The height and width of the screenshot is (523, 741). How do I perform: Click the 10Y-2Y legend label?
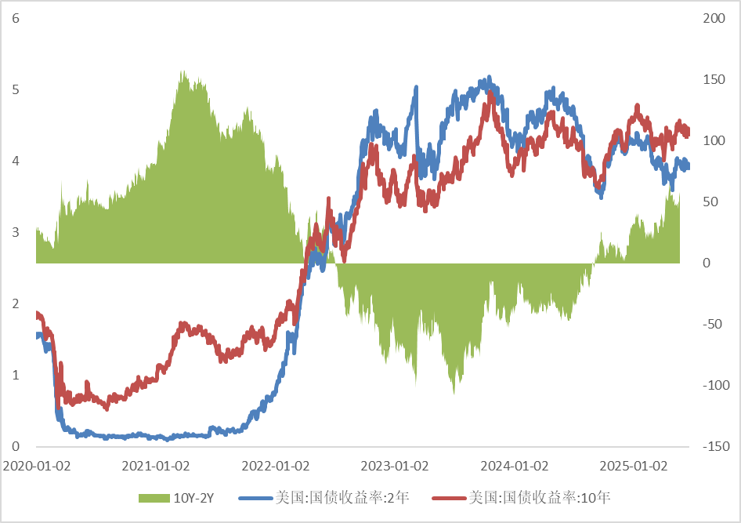[x=193, y=498]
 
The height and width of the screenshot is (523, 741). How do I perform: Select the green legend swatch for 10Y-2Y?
[x=154, y=498]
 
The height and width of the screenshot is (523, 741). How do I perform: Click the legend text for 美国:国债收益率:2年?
[x=342, y=497]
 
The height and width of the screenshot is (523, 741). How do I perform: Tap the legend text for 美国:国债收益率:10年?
[x=540, y=497]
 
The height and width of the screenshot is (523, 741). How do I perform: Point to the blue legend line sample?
[x=257, y=498]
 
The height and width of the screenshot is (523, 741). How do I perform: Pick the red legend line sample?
[x=450, y=498]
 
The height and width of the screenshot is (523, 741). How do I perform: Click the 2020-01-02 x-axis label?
[x=36, y=467]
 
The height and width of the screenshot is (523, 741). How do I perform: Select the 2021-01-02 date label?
[x=156, y=467]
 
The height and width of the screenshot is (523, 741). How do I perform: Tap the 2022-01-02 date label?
[x=276, y=467]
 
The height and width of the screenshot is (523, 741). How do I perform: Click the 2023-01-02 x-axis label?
[x=395, y=467]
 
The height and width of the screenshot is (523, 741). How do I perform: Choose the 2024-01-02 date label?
[x=515, y=467]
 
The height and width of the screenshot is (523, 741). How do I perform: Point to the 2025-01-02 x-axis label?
[x=634, y=467]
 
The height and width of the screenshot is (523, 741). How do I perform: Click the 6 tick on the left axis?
[x=16, y=19]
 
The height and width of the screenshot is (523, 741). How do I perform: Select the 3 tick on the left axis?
[x=16, y=232]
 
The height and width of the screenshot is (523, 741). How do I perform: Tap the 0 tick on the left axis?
[x=16, y=446]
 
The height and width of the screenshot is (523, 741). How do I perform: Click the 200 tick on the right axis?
[x=714, y=19]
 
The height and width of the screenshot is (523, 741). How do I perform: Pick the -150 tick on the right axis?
[x=716, y=446]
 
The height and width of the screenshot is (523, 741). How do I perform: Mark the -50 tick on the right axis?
[x=712, y=325]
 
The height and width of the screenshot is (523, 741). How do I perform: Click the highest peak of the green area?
[x=183, y=71]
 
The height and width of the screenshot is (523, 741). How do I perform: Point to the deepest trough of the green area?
[x=454, y=394]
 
